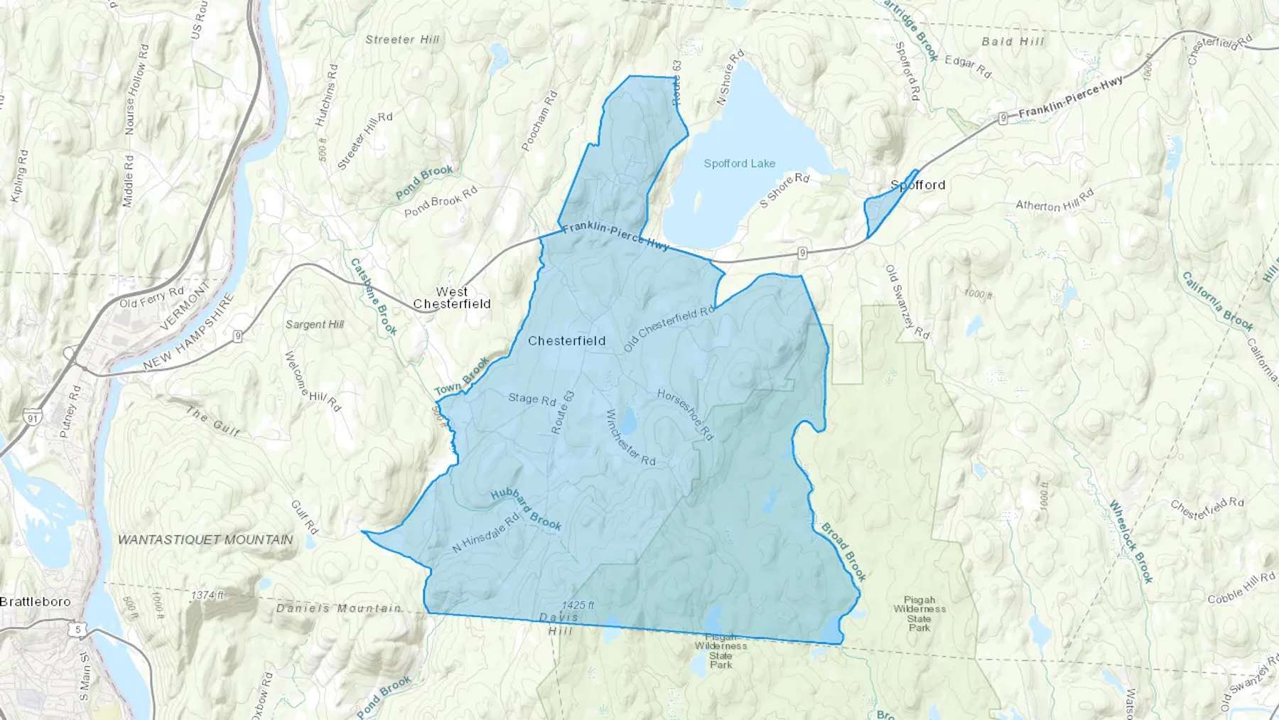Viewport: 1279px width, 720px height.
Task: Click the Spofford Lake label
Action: click(x=739, y=163)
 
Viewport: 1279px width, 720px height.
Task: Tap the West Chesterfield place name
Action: click(x=452, y=298)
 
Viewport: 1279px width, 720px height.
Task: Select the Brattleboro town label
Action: click(x=36, y=601)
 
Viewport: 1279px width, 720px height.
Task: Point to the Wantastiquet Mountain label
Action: click(x=205, y=539)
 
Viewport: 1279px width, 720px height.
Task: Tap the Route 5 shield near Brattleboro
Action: click(x=77, y=629)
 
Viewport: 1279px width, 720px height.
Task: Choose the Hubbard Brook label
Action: click(x=526, y=510)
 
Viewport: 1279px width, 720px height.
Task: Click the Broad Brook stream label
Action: click(x=844, y=552)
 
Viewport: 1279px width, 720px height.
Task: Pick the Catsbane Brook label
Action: click(x=374, y=296)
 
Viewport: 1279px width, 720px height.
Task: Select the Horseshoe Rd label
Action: click(x=685, y=414)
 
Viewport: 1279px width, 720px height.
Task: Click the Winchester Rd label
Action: click(x=630, y=438)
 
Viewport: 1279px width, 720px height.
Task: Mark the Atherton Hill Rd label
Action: click(x=1054, y=202)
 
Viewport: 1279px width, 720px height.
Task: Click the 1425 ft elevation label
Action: click(x=578, y=605)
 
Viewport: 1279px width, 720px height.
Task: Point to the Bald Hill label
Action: click(x=1013, y=41)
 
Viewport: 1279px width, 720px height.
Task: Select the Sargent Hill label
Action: click(x=315, y=324)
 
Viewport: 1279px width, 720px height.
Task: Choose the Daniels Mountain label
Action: click(x=338, y=608)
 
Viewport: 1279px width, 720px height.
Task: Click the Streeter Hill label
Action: click(x=402, y=40)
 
